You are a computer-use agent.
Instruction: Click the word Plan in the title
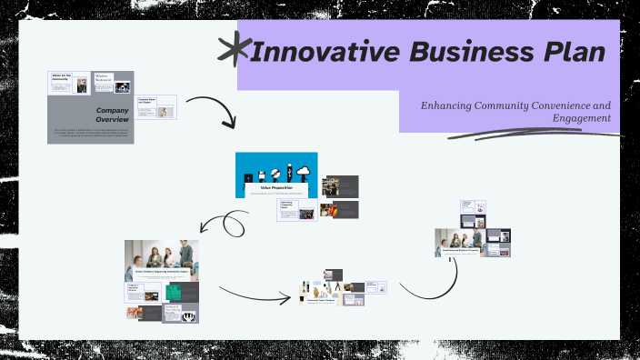[567, 53]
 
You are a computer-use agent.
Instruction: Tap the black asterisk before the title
[234, 50]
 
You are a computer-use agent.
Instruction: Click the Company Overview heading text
[118, 115]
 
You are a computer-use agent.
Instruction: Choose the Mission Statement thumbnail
[102, 83]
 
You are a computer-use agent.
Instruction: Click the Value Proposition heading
[275, 187]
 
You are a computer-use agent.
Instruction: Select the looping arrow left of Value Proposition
[224, 224]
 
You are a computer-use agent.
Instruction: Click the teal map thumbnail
[173, 293]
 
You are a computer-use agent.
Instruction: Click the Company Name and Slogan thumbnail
[155, 107]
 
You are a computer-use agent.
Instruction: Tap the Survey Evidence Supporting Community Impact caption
[162, 272]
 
